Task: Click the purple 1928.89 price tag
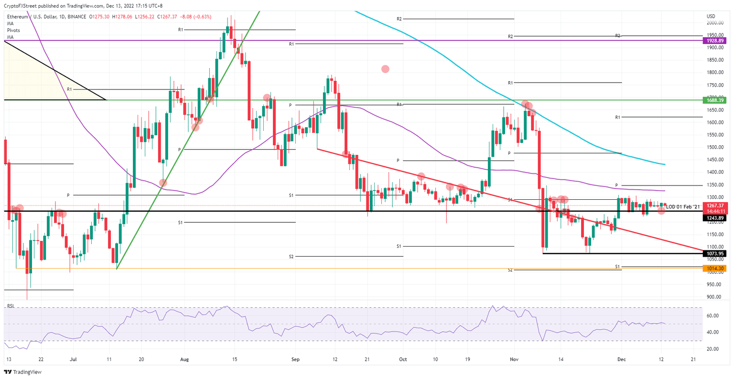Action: [x=715, y=41]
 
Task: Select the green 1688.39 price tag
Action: [x=715, y=100]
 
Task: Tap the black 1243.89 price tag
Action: [x=715, y=218]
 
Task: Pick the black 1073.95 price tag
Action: [x=715, y=253]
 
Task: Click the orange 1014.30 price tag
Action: [x=715, y=269]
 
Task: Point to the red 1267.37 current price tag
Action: [x=715, y=206]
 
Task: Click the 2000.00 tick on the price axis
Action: [x=715, y=22]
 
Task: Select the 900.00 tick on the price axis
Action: [x=715, y=297]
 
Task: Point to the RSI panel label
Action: [x=10, y=306]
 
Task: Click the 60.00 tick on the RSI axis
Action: [x=713, y=316]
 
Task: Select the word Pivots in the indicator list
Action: [x=13, y=30]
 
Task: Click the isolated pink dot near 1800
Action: [x=385, y=69]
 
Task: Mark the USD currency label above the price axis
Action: [x=711, y=16]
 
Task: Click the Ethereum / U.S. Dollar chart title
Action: [x=33, y=16]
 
